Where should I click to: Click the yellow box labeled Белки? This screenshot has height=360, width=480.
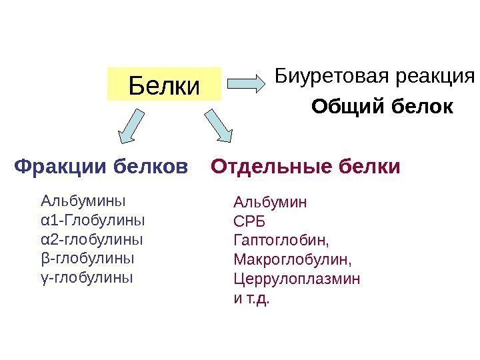pyautogui.click(x=164, y=84)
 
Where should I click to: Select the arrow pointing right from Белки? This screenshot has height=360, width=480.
pyautogui.click(x=247, y=83)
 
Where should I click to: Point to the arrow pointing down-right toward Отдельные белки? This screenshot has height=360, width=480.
pyautogui.click(x=218, y=126)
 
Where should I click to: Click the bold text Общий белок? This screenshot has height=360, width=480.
pyautogui.click(x=382, y=107)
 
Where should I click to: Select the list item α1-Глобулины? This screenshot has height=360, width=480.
pyautogui.click(x=93, y=219)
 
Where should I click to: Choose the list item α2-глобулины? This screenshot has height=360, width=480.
pyautogui.click(x=92, y=238)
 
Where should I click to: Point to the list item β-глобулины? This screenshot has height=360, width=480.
pyautogui.click(x=87, y=257)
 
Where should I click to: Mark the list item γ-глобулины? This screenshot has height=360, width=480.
pyautogui.click(x=87, y=275)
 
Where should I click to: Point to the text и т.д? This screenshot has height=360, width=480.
pyautogui.click(x=252, y=298)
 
